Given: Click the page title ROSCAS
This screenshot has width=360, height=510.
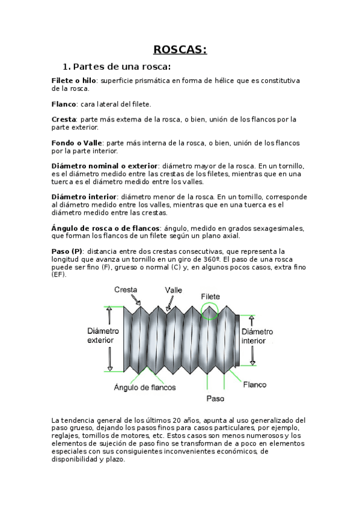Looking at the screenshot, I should [180, 49].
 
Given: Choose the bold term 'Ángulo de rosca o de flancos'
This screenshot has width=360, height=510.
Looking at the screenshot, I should [106, 229].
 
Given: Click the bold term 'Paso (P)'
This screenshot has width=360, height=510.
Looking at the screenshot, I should [67, 251].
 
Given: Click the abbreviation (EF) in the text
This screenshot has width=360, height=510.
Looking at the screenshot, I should [59, 274].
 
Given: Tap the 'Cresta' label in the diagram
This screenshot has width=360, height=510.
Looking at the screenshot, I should [126, 290].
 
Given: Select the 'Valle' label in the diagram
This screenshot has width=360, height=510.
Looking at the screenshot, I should [174, 290].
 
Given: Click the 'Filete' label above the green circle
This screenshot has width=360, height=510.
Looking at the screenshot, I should [210, 296].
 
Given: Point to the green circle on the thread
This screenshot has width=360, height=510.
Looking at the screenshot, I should [210, 311].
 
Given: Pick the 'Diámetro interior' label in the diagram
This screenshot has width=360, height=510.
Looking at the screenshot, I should [257, 336].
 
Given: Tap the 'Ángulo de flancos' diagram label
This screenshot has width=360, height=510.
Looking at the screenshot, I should [145, 388].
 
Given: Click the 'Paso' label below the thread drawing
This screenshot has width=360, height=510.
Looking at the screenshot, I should [215, 398].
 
